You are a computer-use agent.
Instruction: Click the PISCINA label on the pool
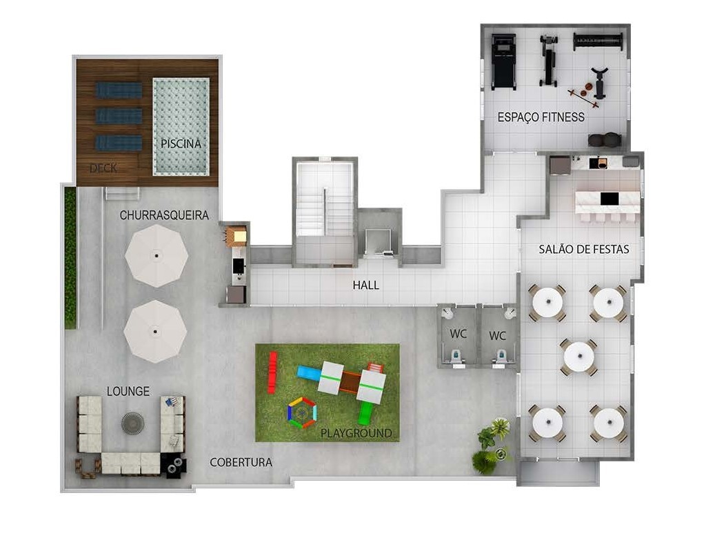click(181, 143)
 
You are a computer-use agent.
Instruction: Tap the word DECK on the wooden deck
click(103, 168)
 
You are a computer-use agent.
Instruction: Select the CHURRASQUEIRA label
click(164, 215)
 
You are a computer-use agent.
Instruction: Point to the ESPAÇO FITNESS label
click(541, 117)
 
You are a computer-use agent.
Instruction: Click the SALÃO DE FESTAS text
click(583, 250)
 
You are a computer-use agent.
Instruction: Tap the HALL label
click(365, 285)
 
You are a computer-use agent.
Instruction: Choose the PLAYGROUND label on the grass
click(356, 433)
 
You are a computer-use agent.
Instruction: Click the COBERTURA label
click(241, 462)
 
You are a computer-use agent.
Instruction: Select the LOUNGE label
click(128, 391)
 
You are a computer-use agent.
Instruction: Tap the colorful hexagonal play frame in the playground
click(301, 412)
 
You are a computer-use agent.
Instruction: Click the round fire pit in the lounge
click(132, 423)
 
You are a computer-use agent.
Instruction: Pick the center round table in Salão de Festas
click(578, 357)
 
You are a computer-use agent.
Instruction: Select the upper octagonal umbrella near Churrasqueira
click(157, 256)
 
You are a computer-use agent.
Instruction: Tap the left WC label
click(459, 334)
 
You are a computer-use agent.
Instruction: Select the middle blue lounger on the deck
click(119, 116)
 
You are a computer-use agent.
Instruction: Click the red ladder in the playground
click(272, 372)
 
